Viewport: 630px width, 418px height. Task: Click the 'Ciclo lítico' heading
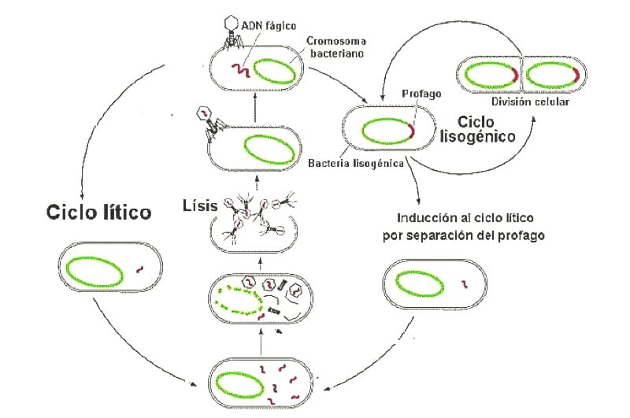click(98, 213)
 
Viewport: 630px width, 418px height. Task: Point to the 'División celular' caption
click(529, 102)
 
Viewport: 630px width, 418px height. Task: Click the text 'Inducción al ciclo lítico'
click(465, 217)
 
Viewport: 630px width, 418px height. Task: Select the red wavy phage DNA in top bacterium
click(239, 72)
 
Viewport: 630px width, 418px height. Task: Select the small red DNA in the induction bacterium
click(465, 283)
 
